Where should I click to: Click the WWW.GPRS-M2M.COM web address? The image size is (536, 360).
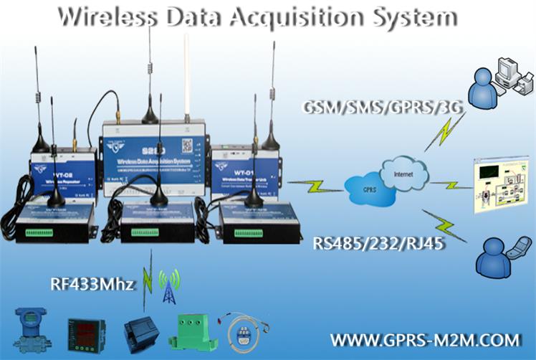tap(425, 338)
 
